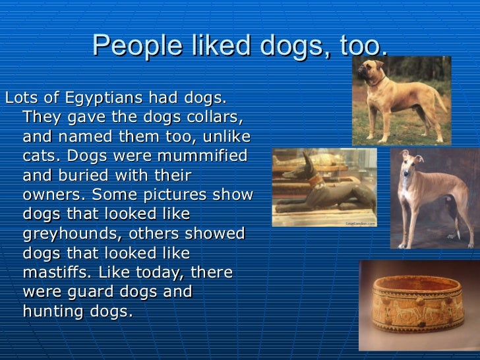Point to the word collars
[x=211, y=118]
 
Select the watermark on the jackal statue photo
[x=359, y=224]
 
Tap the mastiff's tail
[x=446, y=99]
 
